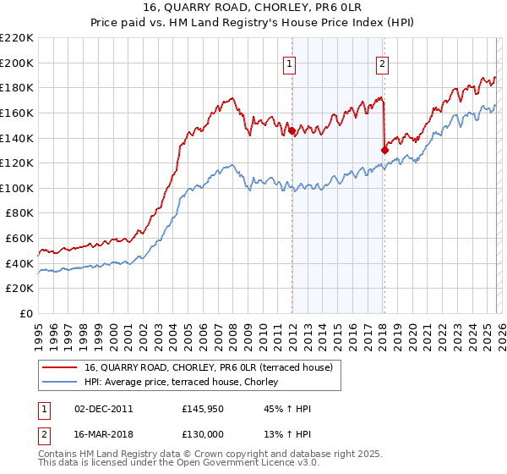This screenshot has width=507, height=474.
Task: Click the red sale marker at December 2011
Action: [292, 130]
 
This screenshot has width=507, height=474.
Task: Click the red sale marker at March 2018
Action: [384, 150]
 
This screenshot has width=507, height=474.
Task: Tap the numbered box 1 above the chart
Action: [290, 62]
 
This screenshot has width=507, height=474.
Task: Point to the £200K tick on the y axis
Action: [19, 63]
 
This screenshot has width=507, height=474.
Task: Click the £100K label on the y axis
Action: [19, 188]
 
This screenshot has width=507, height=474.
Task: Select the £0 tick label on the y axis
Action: [27, 313]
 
